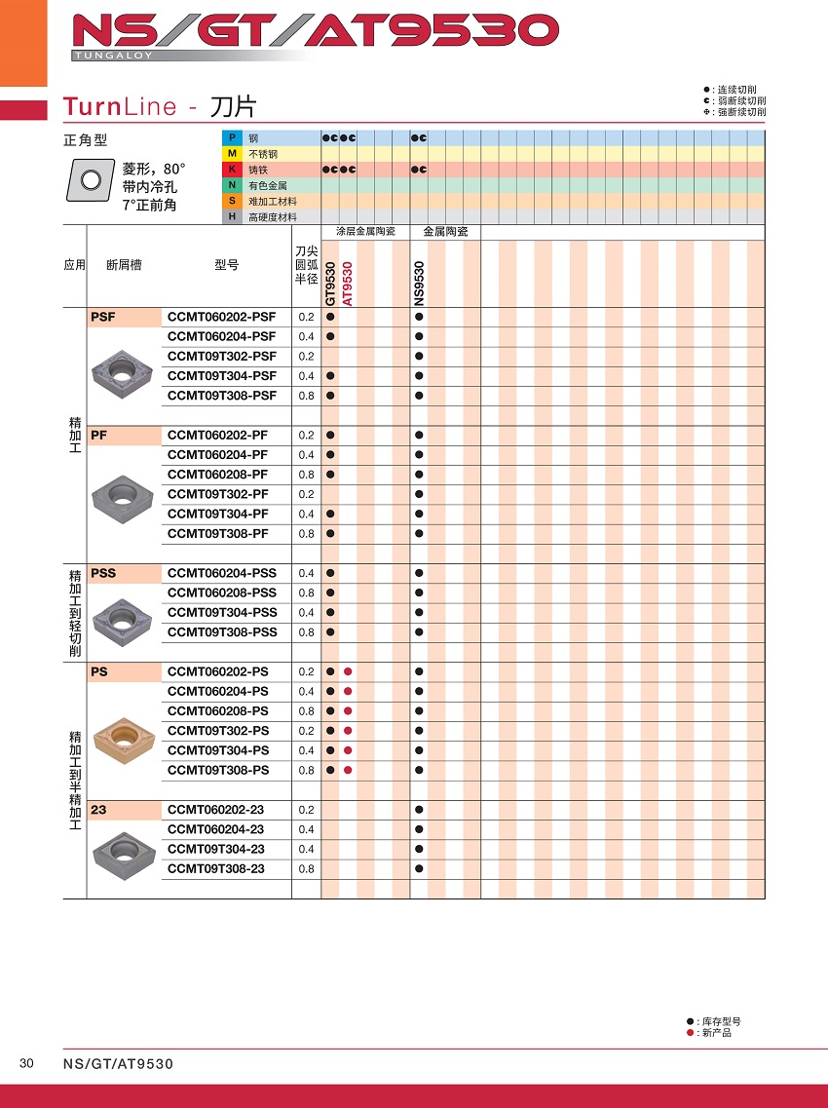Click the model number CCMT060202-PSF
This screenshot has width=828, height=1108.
(221, 317)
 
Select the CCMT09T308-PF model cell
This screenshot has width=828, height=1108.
(217, 534)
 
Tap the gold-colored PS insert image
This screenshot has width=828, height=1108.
(123, 739)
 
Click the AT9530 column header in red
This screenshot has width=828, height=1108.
(348, 284)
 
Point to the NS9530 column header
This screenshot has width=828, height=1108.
(419, 284)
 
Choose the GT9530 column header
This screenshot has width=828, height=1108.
(331, 284)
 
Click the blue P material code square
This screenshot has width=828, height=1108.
(232, 138)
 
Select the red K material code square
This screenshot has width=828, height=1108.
(232, 170)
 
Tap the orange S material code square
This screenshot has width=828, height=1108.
(232, 201)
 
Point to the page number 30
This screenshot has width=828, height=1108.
(26, 1063)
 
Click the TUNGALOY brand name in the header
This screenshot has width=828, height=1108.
(113, 57)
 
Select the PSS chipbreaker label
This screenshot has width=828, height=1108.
(102, 573)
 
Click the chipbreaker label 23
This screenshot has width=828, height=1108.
(97, 810)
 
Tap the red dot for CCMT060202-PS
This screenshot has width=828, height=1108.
(348, 672)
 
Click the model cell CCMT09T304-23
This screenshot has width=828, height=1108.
(215, 849)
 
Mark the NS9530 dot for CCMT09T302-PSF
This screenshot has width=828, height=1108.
(419, 357)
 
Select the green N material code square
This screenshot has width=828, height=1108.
(232, 185)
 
